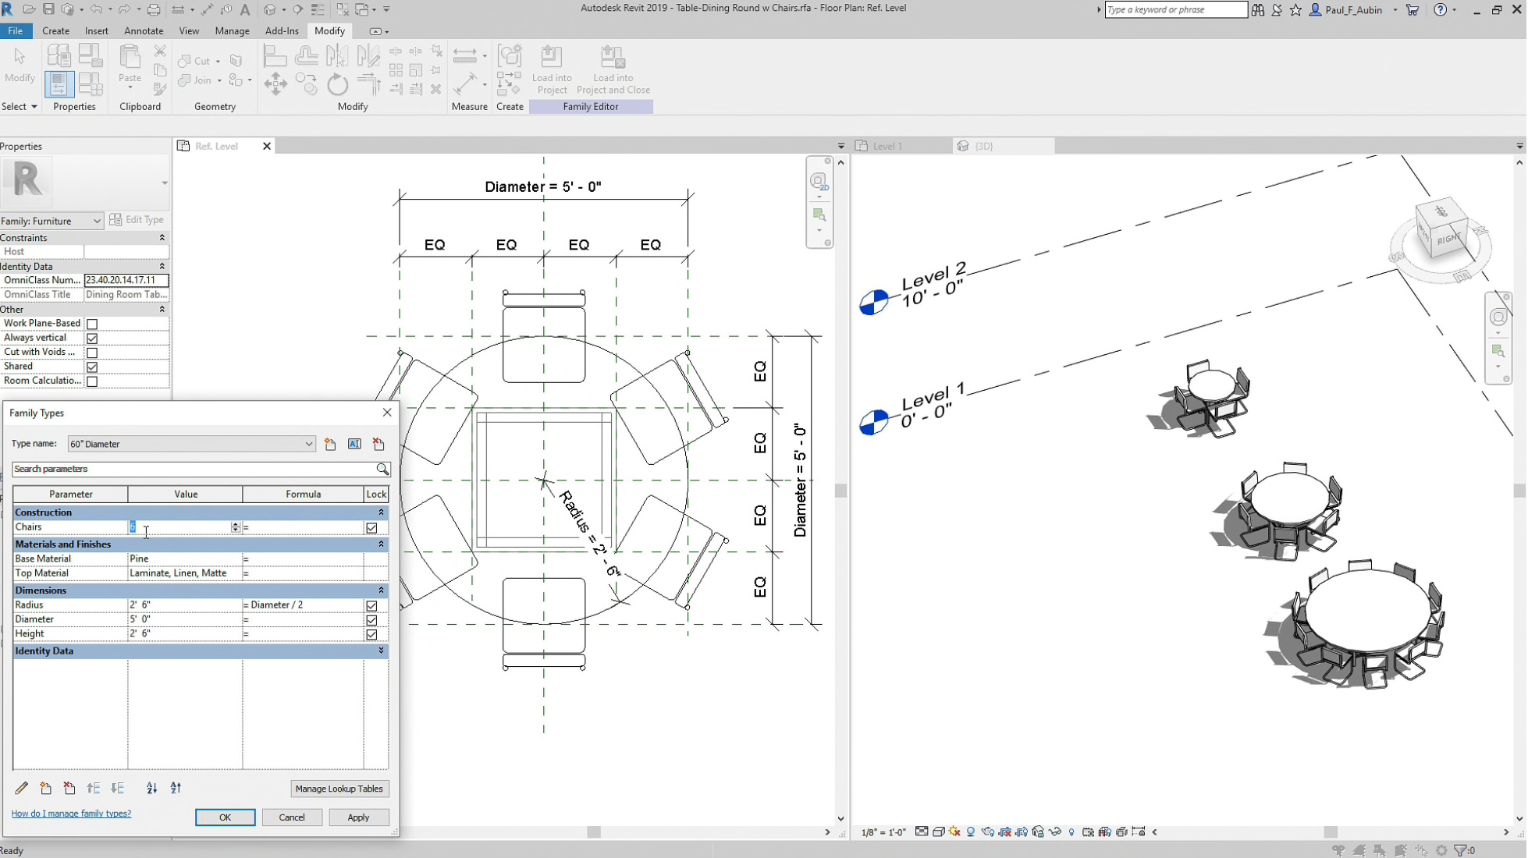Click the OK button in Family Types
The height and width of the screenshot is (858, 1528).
tap(225, 817)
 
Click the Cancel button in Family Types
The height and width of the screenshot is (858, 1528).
tap(291, 817)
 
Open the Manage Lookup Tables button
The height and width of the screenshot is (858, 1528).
tap(339, 789)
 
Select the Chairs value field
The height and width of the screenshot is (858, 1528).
tap(179, 527)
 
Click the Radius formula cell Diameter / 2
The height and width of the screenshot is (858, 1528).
tap(302, 604)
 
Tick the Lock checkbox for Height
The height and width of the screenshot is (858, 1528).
tap(371, 634)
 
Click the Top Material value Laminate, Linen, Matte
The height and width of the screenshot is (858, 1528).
tap(184, 573)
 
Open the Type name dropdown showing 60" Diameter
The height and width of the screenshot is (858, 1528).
tap(308, 444)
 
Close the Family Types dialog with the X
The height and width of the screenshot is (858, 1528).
tap(387, 413)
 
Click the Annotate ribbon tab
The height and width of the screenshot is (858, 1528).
tap(144, 31)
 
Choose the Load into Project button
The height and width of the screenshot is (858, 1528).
tap(551, 70)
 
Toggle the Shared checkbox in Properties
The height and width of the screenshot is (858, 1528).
tap(92, 367)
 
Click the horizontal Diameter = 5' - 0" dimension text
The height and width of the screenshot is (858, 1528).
tap(542, 187)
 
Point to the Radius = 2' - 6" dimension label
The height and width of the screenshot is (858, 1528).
tap(591, 534)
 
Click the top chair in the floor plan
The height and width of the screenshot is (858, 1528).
tap(544, 343)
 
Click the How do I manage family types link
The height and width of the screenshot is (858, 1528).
tap(71, 814)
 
